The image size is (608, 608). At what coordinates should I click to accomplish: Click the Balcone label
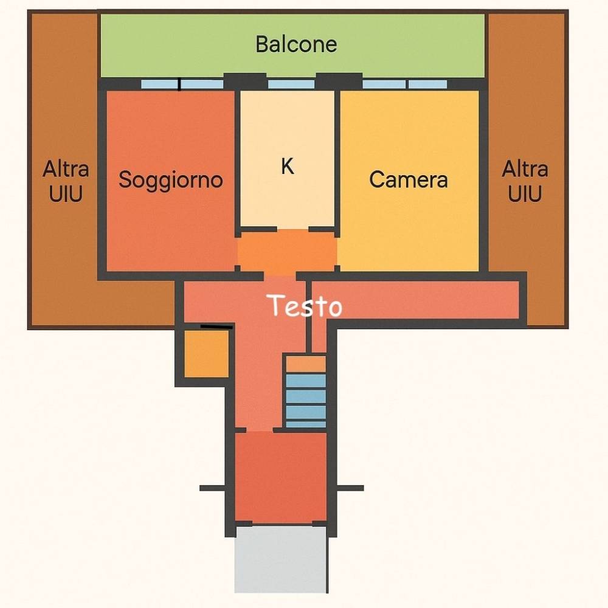pyautogui.click(x=296, y=44)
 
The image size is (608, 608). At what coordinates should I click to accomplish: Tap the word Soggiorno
pyautogui.click(x=171, y=180)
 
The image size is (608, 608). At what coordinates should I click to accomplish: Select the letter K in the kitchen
pyautogui.click(x=288, y=166)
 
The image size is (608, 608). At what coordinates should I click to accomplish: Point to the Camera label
pyautogui.click(x=409, y=180)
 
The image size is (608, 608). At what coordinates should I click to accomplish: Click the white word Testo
pyautogui.click(x=306, y=305)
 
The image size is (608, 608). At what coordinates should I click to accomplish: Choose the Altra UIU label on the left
pyautogui.click(x=66, y=181)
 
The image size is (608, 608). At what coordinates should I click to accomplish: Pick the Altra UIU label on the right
pyautogui.click(x=525, y=181)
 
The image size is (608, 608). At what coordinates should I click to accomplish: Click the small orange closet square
pyautogui.click(x=206, y=354)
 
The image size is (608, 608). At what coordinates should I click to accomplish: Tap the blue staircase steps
pyautogui.click(x=306, y=401)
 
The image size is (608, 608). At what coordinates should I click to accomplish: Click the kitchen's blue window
pyautogui.click(x=291, y=84)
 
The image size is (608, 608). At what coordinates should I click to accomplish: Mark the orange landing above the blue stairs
pyautogui.click(x=306, y=364)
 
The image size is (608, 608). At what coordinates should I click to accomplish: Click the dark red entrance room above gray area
pyautogui.click(x=280, y=477)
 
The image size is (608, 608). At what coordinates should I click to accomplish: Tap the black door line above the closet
pyautogui.click(x=217, y=327)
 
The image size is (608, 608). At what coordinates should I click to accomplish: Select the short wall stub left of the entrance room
pyautogui.click(x=212, y=488)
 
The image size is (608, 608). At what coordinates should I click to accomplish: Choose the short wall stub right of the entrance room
pyautogui.click(x=350, y=488)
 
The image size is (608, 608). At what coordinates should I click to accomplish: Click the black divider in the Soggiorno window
pyautogui.click(x=179, y=84)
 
